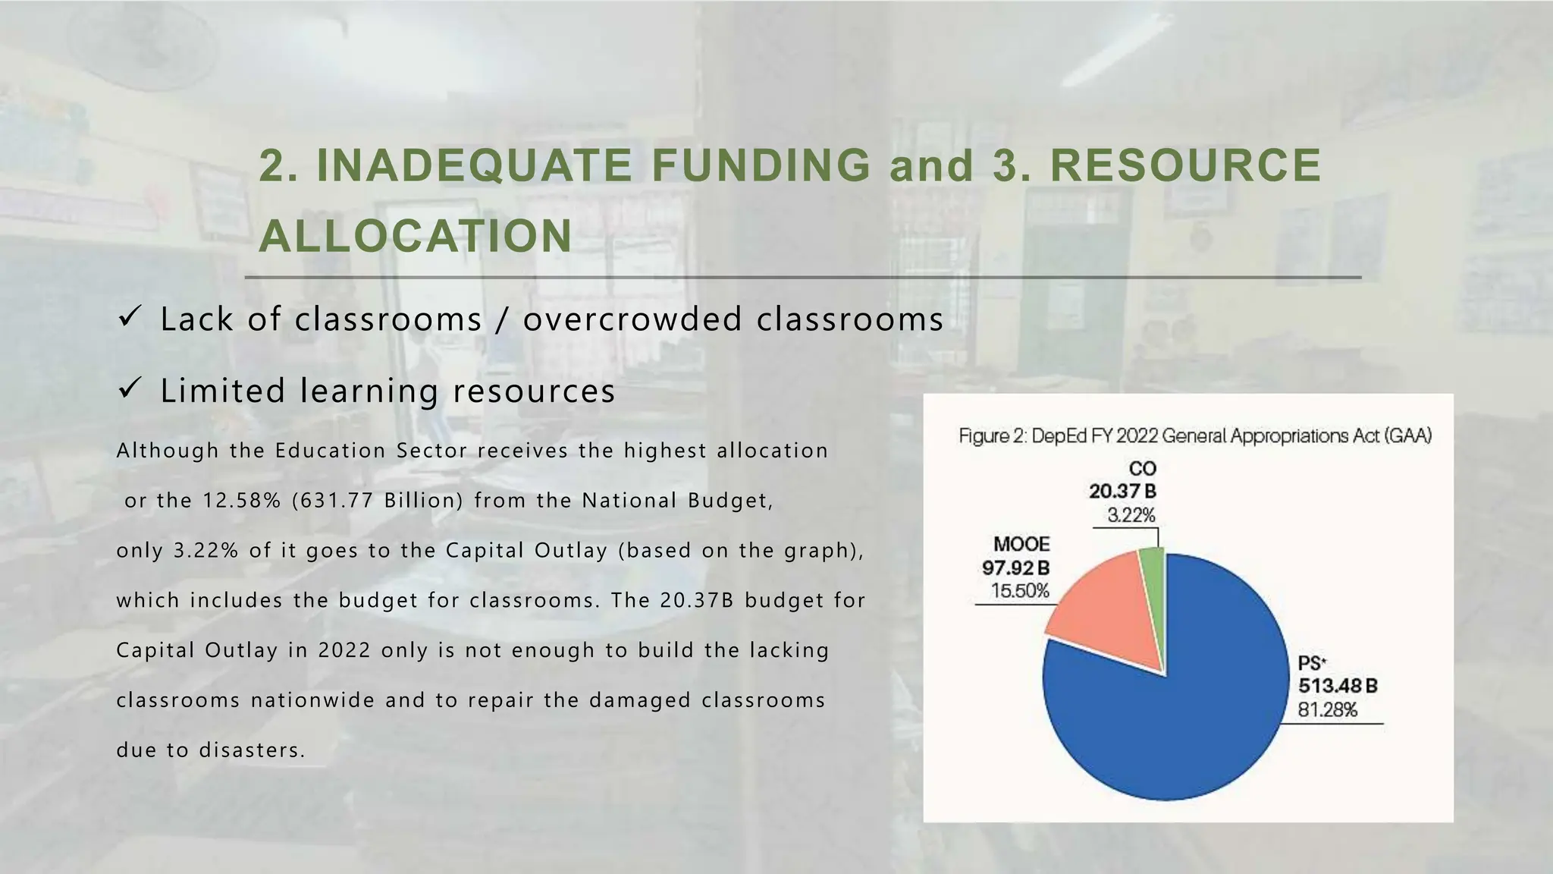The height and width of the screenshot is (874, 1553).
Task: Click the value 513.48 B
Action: click(x=1337, y=686)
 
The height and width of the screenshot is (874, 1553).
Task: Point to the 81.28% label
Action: click(x=1327, y=710)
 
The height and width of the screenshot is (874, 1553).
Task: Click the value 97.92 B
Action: click(x=1015, y=567)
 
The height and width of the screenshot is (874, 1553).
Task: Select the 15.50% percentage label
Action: click(x=1019, y=591)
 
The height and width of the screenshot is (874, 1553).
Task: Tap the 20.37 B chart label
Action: click(x=1122, y=492)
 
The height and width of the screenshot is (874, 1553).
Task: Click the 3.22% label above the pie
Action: click(x=1131, y=516)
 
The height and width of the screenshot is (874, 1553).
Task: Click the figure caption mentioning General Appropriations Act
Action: click(x=1194, y=436)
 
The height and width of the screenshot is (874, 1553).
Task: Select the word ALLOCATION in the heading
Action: click(x=416, y=236)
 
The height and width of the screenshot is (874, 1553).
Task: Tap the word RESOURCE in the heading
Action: click(x=1185, y=165)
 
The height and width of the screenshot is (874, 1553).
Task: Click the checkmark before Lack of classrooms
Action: click(x=128, y=317)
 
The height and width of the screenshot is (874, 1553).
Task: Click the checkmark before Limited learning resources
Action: click(x=128, y=389)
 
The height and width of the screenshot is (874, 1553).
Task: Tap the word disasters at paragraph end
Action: click(x=249, y=750)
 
